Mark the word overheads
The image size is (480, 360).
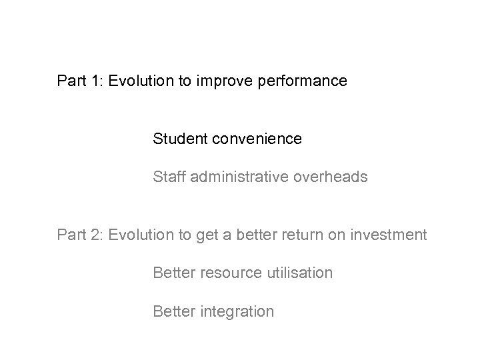(x=327, y=177)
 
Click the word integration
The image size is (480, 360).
(x=237, y=311)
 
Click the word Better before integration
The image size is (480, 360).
(x=173, y=311)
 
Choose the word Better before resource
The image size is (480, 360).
(x=173, y=273)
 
